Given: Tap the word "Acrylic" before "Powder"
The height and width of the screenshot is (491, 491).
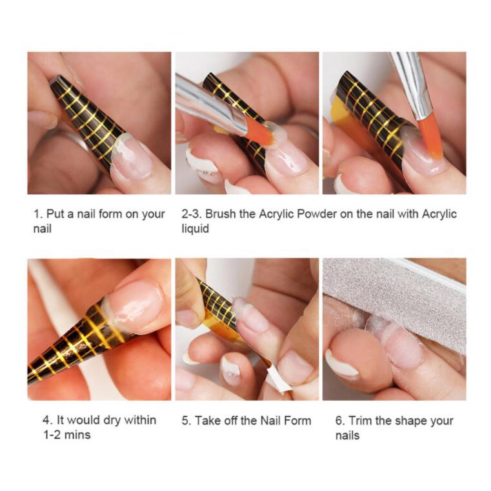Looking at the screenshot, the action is pos(276,214).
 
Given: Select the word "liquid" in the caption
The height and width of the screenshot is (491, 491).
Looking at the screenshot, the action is pos(195,228).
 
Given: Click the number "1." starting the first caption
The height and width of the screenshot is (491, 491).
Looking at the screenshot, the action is pos(38,214).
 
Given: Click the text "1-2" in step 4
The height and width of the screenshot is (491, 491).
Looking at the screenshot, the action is pos(52,435).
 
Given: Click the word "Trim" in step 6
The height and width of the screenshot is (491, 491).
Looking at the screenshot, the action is pos(360,421).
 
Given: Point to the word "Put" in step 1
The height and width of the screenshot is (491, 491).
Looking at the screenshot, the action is pos(55,214).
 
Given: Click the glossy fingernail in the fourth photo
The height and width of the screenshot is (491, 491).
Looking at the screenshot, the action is pos(135,305).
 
